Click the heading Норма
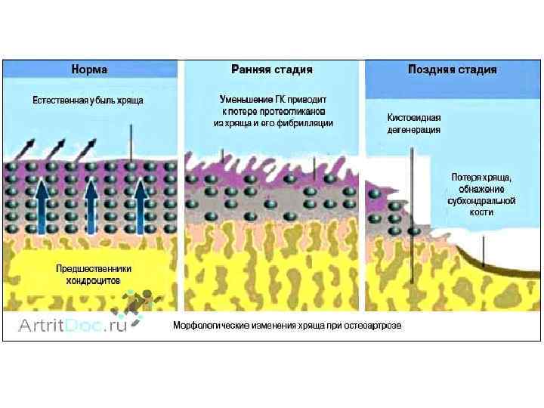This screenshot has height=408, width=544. click(x=89, y=70)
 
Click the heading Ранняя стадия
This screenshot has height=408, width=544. click(x=272, y=70)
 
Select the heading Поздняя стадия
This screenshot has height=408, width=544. click(x=452, y=70)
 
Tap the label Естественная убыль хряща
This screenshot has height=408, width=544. click(x=88, y=100)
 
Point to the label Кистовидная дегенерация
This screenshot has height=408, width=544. click(x=413, y=122)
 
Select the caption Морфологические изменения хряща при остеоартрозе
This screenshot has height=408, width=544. click(x=287, y=326)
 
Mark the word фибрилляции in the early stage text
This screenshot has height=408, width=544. click(x=308, y=122)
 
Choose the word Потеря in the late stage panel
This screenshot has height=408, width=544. click(x=466, y=177)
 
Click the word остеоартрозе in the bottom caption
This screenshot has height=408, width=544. click(x=376, y=326)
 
